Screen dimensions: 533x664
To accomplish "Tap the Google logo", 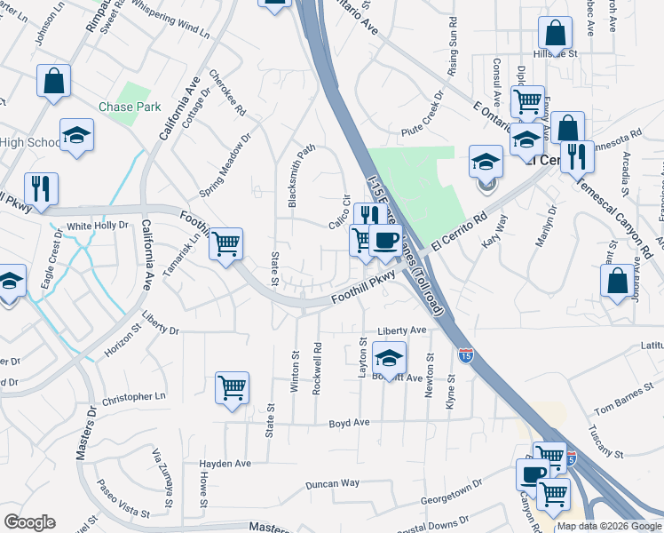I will point(29,522).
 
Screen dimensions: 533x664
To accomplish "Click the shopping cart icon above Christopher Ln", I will point(232,388).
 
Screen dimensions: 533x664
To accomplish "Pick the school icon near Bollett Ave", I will point(389,359).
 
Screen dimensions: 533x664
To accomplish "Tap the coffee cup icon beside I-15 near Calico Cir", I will point(385,241).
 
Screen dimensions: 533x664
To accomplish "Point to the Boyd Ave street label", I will point(348,423).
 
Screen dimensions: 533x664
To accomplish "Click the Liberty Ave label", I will point(402,330).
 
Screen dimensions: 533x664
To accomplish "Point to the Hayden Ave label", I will point(225,464).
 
